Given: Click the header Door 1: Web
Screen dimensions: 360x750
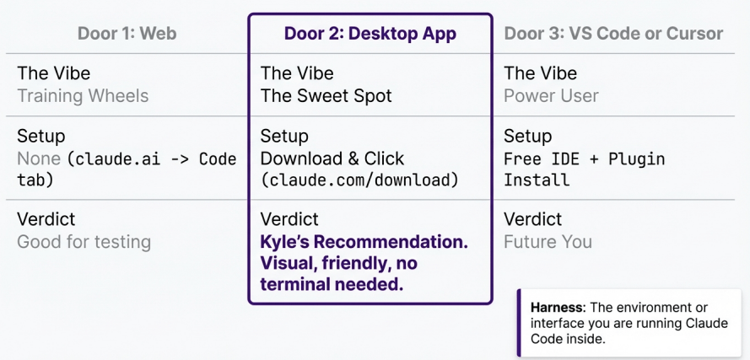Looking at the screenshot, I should [127, 34].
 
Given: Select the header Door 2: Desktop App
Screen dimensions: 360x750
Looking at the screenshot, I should [370, 34].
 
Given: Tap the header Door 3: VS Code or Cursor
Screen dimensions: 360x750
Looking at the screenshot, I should [613, 34].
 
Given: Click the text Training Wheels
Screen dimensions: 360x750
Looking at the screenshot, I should [83, 96].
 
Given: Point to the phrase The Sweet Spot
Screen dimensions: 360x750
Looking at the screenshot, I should [326, 96].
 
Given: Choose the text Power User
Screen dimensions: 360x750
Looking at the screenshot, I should [551, 96].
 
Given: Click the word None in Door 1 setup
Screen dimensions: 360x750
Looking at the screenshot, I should [39, 159].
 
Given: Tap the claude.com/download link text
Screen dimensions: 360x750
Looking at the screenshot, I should [359, 180].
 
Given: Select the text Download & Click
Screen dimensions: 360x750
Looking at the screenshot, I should [332, 159].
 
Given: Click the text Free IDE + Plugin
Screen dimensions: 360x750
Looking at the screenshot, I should [584, 159].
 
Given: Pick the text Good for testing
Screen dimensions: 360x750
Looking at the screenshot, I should [84, 242].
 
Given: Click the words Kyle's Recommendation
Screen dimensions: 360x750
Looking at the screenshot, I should [364, 242].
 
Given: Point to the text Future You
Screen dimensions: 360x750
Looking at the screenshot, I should [548, 242].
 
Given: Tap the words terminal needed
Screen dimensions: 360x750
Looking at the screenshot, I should [332, 285].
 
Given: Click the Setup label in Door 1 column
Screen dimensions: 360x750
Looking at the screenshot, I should [40, 136].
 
